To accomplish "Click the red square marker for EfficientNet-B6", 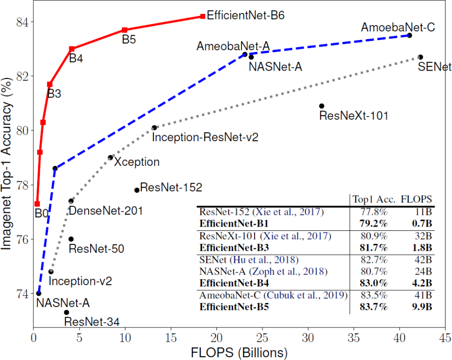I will tap(203, 16).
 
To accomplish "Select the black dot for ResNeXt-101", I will tap(321, 106).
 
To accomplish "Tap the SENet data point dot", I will tap(420, 57).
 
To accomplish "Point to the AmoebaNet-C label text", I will tap(398, 27).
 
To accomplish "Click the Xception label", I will tap(137, 162).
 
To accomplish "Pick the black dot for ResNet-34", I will tap(66, 312).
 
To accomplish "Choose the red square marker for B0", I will tap(37, 204).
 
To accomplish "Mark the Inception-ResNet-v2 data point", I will tap(154, 128).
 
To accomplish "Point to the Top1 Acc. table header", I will tap(373, 200).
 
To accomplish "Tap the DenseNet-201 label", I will tap(105, 211).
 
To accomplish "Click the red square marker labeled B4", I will tap(72, 49).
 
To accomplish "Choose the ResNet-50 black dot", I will tap(71, 239).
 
